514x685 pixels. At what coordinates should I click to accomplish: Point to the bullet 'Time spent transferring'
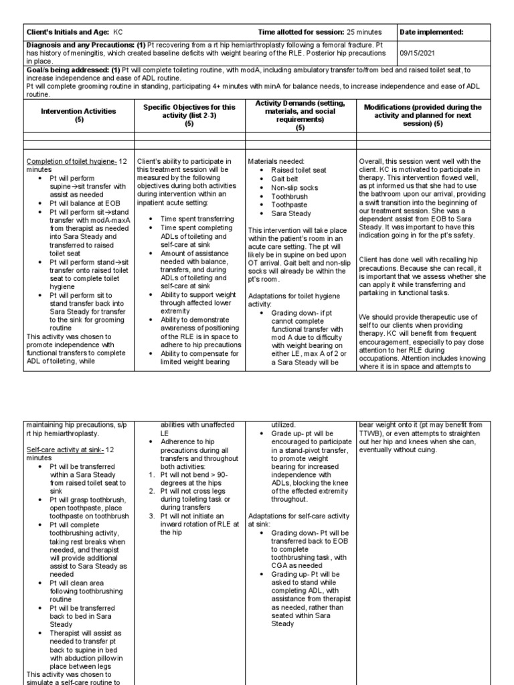[188, 219]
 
